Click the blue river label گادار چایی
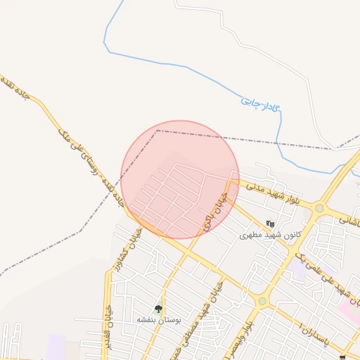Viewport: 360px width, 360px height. point(260,103)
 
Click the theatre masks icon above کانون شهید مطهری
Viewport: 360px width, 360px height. point(271,224)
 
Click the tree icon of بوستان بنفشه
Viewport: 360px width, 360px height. point(159,309)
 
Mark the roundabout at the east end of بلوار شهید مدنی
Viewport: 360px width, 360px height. point(320,208)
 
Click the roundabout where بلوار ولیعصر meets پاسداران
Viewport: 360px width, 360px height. point(262,302)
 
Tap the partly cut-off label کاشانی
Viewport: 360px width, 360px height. point(351,220)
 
